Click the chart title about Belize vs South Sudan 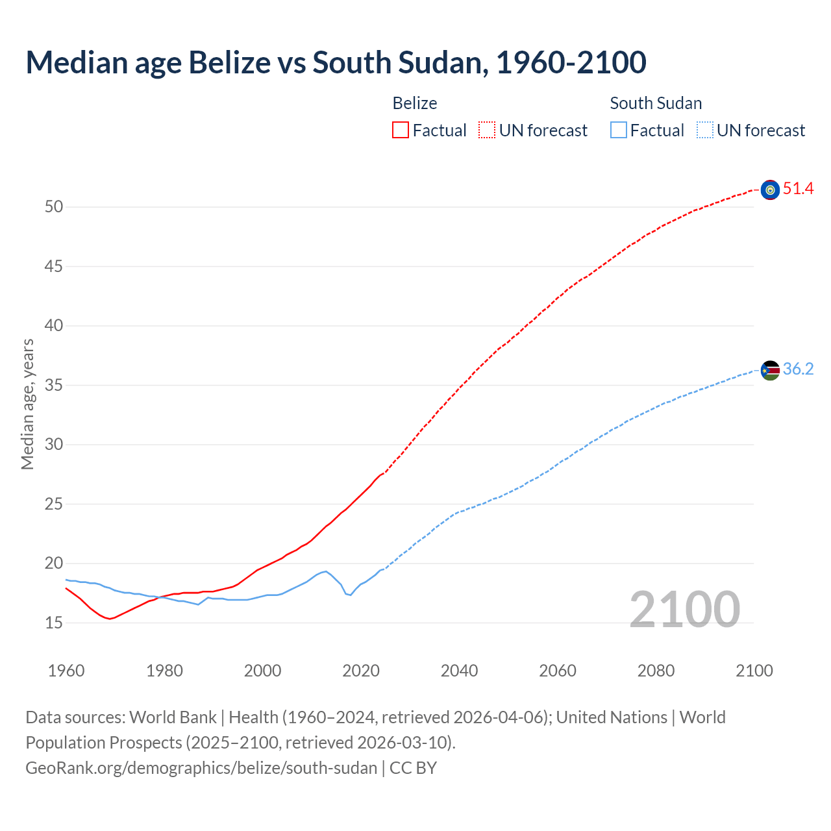click(336, 63)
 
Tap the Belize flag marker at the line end click(770, 190)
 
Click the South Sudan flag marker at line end click(770, 370)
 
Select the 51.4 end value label click(798, 189)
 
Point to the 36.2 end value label click(798, 369)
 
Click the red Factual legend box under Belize click(401, 130)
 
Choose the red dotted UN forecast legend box click(487, 130)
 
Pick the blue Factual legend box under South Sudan click(619, 130)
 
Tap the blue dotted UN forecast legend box click(705, 130)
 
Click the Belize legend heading click(415, 103)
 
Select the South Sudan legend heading click(656, 103)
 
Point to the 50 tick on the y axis click(54, 207)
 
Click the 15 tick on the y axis click(54, 623)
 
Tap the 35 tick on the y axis click(54, 386)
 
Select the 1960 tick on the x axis click(66, 671)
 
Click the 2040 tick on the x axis click(459, 671)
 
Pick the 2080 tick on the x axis click(656, 671)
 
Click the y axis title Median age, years click(27, 404)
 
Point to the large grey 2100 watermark click(684, 609)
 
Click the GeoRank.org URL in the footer click(201, 768)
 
